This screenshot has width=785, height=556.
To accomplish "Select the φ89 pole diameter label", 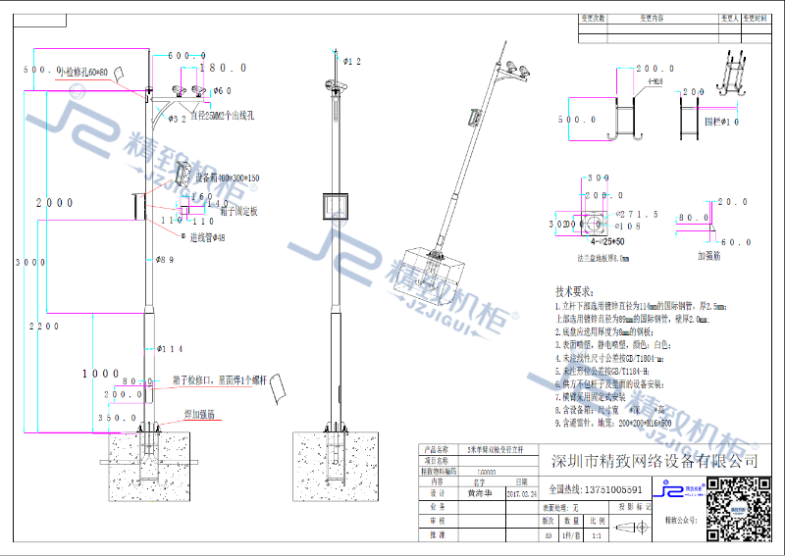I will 165,260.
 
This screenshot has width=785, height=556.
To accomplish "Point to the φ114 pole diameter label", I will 170,348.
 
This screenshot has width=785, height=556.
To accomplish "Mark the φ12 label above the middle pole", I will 350,62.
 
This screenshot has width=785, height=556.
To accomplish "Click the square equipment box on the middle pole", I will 338,207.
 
